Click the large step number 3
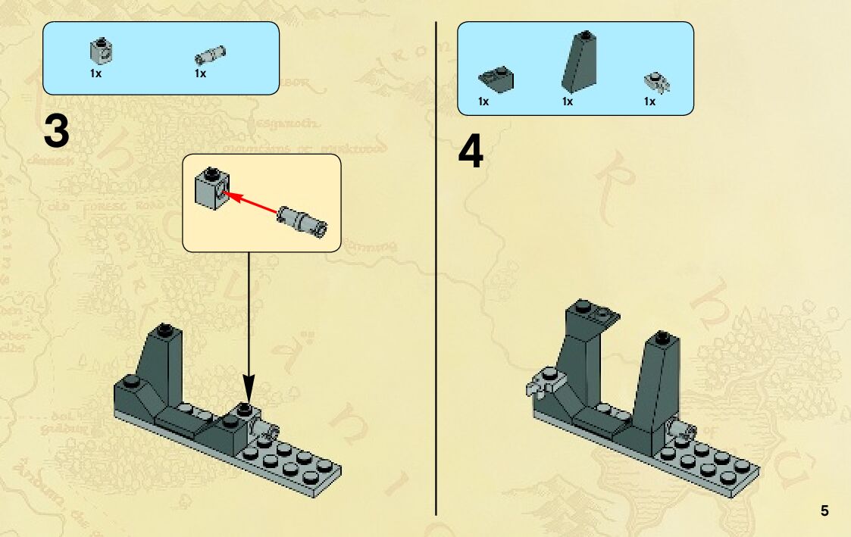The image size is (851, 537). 56,132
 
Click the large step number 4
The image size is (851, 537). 471,153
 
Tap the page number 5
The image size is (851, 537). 824,510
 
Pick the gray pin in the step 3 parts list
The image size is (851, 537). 205,54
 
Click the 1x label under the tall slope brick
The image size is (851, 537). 567,101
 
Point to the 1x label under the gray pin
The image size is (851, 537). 200,73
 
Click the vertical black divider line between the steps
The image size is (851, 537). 436,303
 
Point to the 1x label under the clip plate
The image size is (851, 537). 649,101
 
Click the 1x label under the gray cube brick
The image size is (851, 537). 95,73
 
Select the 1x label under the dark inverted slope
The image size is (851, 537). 483,101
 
